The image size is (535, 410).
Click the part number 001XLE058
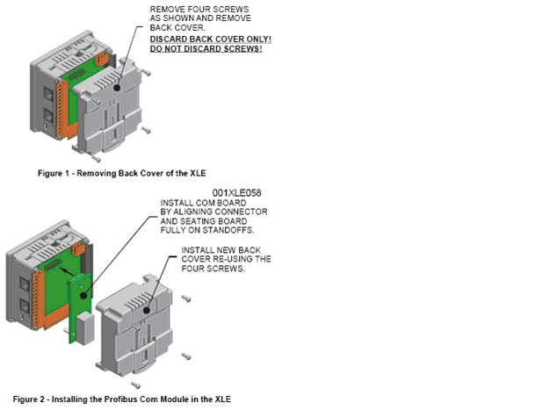(237, 193)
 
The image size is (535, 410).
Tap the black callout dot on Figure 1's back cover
(117, 88)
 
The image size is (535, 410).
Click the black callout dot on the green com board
(83, 295)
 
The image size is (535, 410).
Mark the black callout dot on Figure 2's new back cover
(147, 311)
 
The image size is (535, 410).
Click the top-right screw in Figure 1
(146, 72)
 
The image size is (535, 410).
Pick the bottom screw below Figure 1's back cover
(96, 159)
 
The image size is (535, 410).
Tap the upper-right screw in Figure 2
(186, 299)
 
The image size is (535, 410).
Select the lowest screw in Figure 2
(135, 385)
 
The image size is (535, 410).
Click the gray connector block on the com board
(84, 329)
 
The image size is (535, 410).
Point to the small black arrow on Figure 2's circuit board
(66, 270)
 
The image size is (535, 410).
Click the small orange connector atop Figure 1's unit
(102, 59)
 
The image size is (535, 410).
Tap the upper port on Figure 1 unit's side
(48, 94)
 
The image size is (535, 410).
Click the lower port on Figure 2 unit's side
(25, 306)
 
